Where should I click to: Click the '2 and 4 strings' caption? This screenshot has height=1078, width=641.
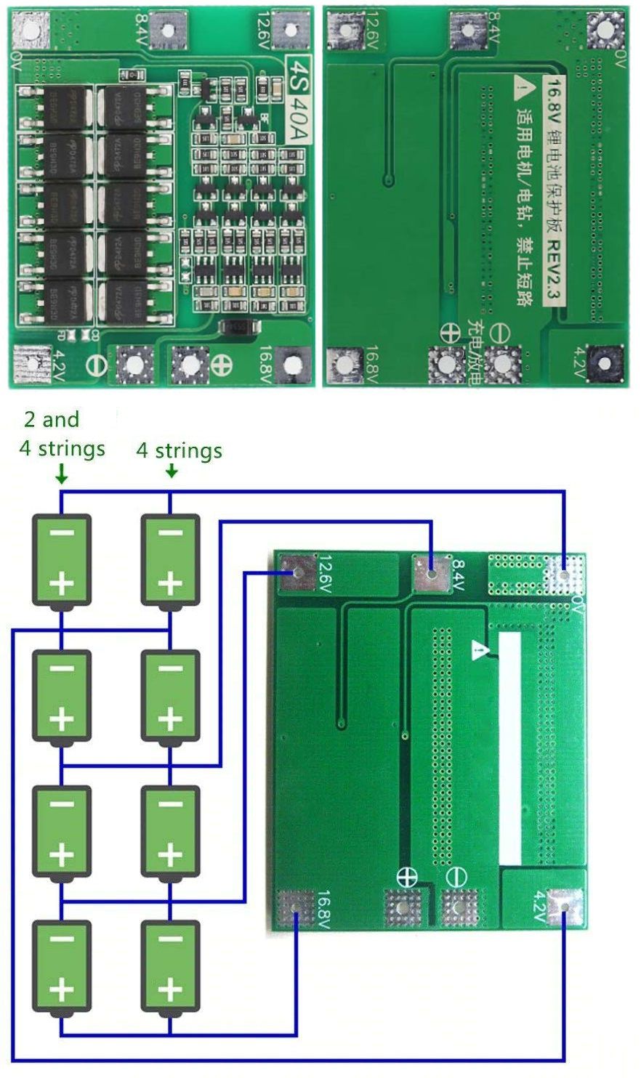(x=61, y=434)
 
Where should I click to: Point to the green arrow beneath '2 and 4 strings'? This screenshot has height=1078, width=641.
(x=62, y=474)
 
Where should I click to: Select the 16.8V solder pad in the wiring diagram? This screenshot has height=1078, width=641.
(x=296, y=908)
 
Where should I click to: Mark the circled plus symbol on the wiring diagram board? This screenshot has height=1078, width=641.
(x=407, y=877)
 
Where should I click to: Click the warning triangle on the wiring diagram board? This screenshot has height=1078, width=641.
(x=479, y=649)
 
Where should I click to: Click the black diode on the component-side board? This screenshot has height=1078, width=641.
(x=237, y=328)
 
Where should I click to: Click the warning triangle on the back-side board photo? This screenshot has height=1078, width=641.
(x=522, y=89)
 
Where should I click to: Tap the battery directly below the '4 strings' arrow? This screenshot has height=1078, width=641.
(x=170, y=560)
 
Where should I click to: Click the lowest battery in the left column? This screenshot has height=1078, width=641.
(x=62, y=967)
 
